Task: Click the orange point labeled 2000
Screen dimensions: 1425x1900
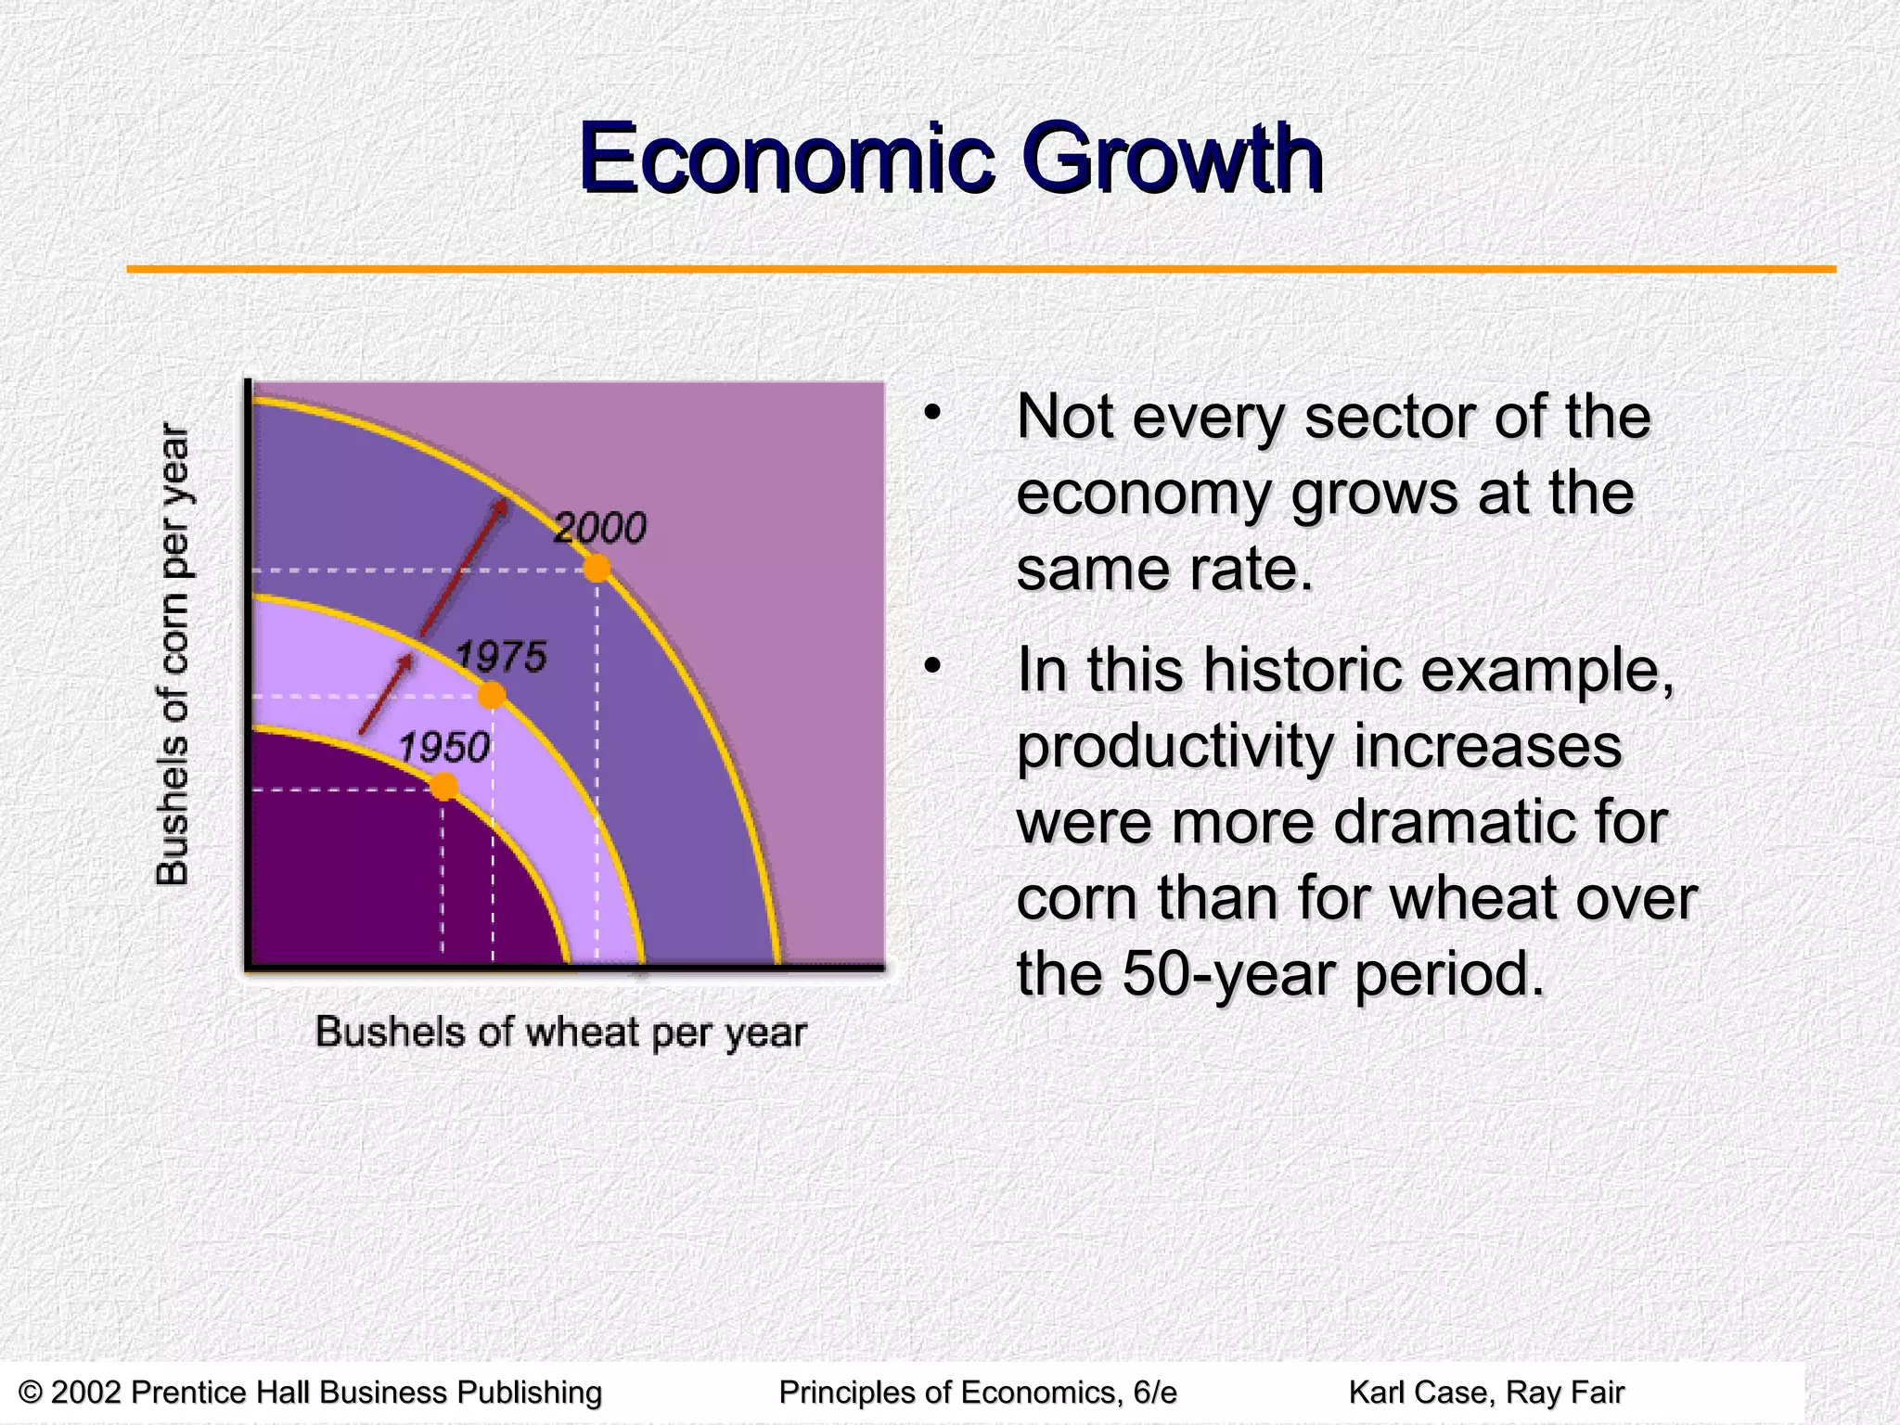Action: click(x=597, y=568)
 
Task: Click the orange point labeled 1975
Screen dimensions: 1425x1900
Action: click(x=492, y=695)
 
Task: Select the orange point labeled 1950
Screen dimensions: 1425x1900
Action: click(x=444, y=787)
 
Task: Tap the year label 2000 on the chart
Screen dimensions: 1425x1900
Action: click(x=600, y=529)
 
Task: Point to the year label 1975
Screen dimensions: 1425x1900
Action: click(x=501, y=657)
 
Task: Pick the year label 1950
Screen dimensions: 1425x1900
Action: click(x=443, y=748)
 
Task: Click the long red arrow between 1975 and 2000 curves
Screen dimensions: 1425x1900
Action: click(x=462, y=568)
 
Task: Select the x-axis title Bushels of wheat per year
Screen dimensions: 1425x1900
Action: click(x=560, y=1033)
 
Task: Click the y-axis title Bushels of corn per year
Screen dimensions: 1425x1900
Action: click(x=173, y=654)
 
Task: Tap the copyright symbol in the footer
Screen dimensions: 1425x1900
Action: click(x=31, y=1393)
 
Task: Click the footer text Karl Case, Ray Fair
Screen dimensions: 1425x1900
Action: click(x=1486, y=1393)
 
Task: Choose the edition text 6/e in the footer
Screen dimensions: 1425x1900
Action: click(x=1154, y=1393)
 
